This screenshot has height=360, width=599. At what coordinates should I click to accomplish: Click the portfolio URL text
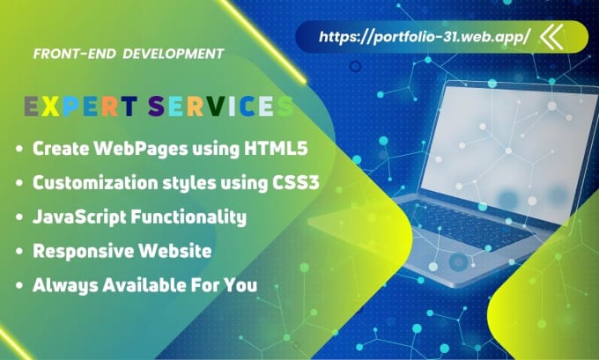pos(425,37)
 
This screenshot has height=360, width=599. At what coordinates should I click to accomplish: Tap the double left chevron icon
pos(551,37)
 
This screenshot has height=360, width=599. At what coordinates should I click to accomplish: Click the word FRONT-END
pos(75,54)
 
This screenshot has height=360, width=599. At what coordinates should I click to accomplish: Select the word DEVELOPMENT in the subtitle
pos(174,54)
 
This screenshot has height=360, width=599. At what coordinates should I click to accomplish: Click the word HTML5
pos(276,149)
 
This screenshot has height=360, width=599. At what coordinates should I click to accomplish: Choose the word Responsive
pos(83,252)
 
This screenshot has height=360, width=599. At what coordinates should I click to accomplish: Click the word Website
pos(174,251)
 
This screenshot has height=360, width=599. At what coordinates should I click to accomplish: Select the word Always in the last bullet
pos(65,285)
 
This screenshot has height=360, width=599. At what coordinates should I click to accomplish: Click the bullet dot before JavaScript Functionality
pos(19,217)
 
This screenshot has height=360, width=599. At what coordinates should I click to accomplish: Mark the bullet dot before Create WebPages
pos(19,149)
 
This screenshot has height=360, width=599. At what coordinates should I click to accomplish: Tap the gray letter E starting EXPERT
pos(31,106)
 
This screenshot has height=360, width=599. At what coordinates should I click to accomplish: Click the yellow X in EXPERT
pos(50,106)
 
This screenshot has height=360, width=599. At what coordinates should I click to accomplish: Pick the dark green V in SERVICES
pos(217,106)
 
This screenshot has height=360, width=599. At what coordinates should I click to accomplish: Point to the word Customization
pos(95,183)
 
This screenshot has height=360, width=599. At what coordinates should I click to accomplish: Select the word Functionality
pos(189,217)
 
